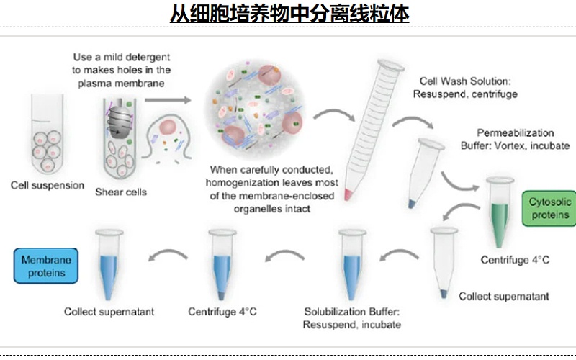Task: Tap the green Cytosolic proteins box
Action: click(x=549, y=209)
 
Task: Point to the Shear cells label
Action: click(x=121, y=192)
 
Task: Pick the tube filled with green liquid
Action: click(x=500, y=209)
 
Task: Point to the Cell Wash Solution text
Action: click(x=464, y=81)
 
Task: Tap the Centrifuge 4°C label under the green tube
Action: click(x=515, y=260)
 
